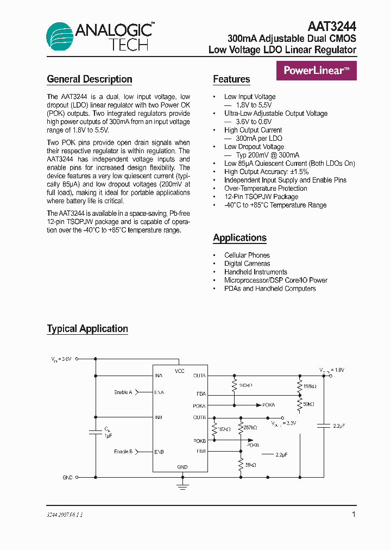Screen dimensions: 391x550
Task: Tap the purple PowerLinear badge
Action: pos(317,71)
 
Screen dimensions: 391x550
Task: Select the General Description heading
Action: pos(90,79)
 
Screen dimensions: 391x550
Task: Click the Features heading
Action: pos(231,79)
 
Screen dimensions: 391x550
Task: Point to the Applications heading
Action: pos(239,238)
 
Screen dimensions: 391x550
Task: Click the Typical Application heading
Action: pos(87,329)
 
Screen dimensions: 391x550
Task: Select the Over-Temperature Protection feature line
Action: pos(266,189)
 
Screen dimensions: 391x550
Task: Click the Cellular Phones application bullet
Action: pos(247,255)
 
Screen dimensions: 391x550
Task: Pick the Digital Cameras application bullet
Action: pos(247,264)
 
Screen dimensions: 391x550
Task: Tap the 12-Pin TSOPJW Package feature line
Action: pos(261,197)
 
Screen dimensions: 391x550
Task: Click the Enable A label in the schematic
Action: pos(123,392)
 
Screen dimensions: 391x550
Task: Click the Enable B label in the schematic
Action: pos(123,452)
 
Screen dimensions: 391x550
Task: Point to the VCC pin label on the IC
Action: pos(180,371)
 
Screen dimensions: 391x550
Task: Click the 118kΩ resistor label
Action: pos(310,386)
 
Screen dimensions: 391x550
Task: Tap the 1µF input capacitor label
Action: pos(108,436)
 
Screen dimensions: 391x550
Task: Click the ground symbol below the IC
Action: pos(182,485)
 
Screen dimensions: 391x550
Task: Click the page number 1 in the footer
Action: pos(354,514)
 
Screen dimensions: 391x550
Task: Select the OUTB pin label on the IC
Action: pos(199,417)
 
